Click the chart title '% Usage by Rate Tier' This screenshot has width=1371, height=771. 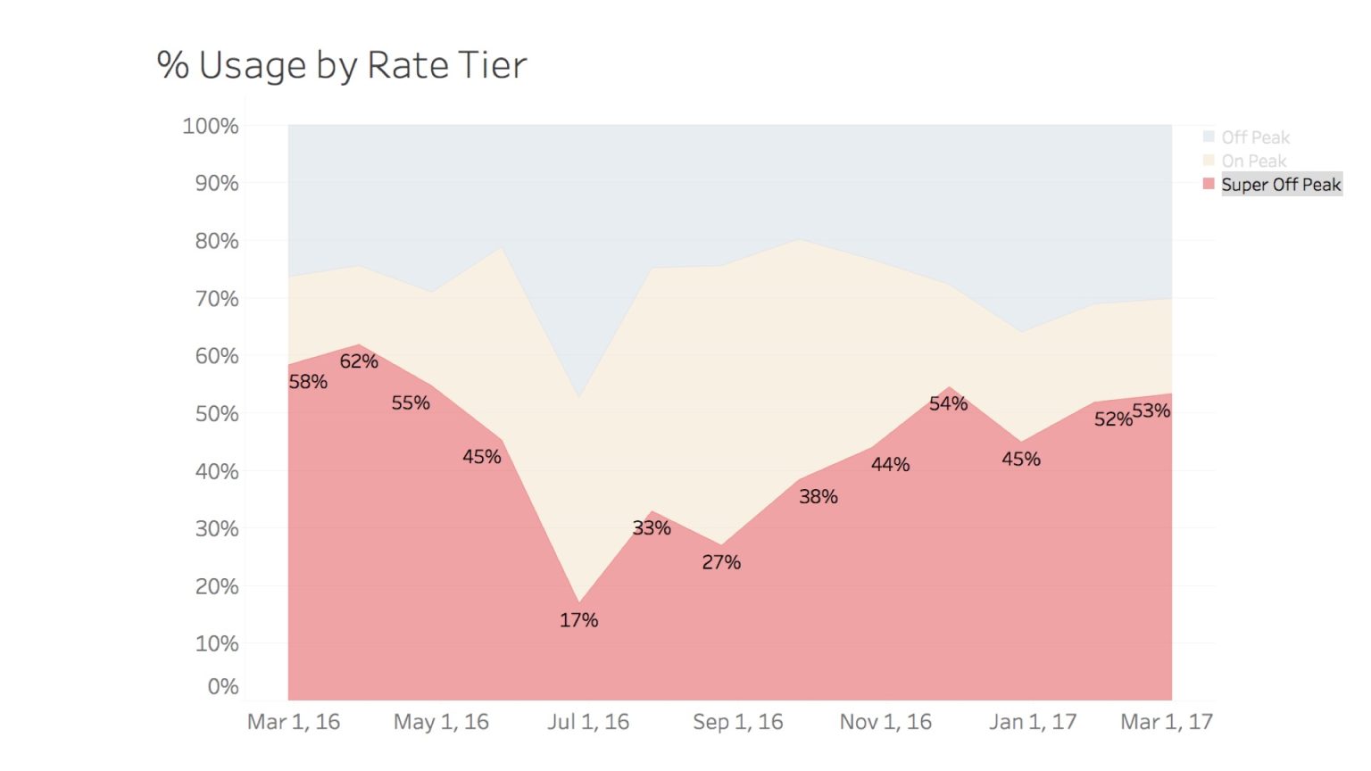[x=342, y=65]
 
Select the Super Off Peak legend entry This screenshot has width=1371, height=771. [x=1280, y=185]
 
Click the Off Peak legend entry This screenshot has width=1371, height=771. [x=1255, y=137]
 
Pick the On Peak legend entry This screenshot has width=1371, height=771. [x=1253, y=162]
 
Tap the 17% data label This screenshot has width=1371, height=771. [x=578, y=620]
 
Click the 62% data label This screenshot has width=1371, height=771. [x=359, y=361]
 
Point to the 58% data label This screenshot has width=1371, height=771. [x=308, y=382]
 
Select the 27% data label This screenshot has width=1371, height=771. [x=721, y=562]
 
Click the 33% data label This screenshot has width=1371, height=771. [x=652, y=528]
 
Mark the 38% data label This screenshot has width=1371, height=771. [x=818, y=497]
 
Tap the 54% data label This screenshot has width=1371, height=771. [x=948, y=403]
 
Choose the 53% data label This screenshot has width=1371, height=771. [x=1151, y=410]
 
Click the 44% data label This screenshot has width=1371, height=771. [x=891, y=465]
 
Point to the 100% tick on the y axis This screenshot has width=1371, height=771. [x=211, y=126]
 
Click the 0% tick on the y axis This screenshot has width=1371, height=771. [x=222, y=686]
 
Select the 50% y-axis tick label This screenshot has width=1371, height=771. [x=217, y=414]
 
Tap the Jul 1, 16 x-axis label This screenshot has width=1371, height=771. [x=588, y=722]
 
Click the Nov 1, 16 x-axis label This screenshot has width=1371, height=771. [x=885, y=722]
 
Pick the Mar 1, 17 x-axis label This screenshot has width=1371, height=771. [x=1167, y=722]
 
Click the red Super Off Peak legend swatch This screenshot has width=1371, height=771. [x=1209, y=184]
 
